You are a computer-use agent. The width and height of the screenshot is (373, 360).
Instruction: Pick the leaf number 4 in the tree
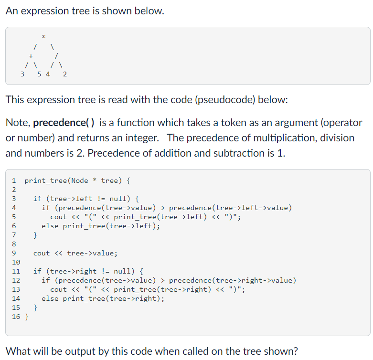pyautogui.click(x=47, y=74)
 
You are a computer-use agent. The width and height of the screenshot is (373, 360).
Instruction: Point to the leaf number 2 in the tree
pyautogui.click(x=64, y=74)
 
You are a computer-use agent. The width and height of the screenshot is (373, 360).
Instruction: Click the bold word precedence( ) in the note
pyautogui.click(x=65, y=123)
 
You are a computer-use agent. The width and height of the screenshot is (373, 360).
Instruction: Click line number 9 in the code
pyautogui.click(x=14, y=254)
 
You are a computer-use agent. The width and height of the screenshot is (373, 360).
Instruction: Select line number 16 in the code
pyautogui.click(x=16, y=317)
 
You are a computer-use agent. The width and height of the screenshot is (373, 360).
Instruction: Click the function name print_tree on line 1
pyautogui.click(x=45, y=181)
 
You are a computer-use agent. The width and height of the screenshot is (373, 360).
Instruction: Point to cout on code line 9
pyautogui.click(x=42, y=254)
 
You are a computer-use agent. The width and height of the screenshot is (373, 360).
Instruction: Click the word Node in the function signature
pyautogui.click(x=79, y=181)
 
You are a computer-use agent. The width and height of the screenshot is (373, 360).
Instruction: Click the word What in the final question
pyautogui.click(x=20, y=351)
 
